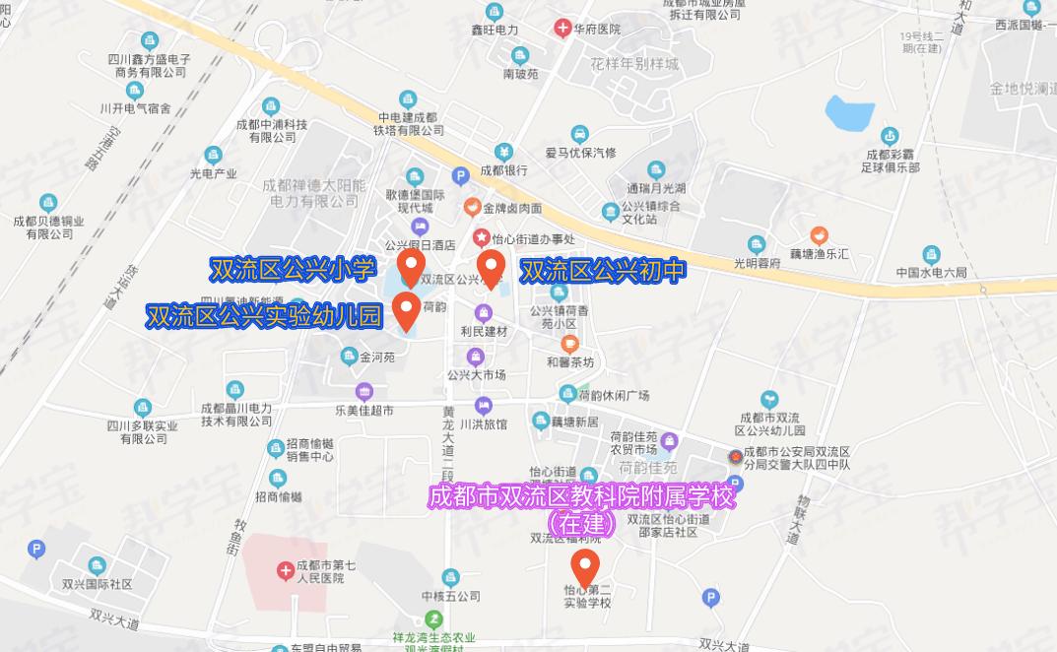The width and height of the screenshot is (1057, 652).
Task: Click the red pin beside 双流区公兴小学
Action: [x=412, y=265]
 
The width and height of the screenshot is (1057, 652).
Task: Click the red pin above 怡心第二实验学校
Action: [x=586, y=566]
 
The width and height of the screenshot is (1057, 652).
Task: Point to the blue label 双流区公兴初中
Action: [x=602, y=271]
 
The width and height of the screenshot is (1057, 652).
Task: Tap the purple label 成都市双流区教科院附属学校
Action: [x=582, y=497]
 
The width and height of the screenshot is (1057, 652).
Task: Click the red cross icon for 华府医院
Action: [x=562, y=29]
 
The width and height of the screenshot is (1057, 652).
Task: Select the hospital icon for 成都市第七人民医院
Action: [x=285, y=570]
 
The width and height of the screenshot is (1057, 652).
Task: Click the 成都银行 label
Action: [x=503, y=169]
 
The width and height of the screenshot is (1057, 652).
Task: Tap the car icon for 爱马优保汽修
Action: [x=580, y=133]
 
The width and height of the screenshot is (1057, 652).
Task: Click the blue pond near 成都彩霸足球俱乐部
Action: [x=849, y=114]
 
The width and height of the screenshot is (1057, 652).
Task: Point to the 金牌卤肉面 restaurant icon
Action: [x=473, y=208]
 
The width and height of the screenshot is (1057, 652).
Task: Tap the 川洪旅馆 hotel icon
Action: [x=483, y=405]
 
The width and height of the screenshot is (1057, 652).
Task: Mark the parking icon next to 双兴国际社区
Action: [x=36, y=549]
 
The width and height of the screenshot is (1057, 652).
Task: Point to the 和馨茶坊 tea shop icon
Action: [x=568, y=343]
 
